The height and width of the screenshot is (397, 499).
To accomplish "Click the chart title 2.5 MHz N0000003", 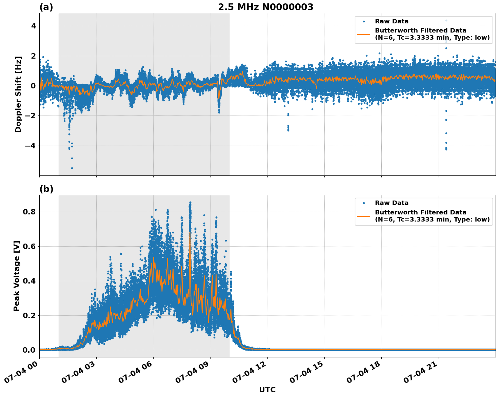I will pyautogui.click(x=265, y=7).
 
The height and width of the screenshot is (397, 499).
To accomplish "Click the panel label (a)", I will pyautogui.click(x=46, y=7).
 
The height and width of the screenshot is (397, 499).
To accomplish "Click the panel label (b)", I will pyautogui.click(x=46, y=189).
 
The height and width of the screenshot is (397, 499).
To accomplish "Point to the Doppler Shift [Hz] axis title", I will pyautogui.click(x=18, y=94).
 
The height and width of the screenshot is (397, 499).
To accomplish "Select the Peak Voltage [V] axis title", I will pyautogui.click(x=17, y=276).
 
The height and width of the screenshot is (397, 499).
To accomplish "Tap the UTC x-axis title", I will pyautogui.click(x=267, y=390).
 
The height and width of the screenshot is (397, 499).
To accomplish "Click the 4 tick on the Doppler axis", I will pyautogui.click(x=34, y=26).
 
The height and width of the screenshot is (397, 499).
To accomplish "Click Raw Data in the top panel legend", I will pyautogui.click(x=392, y=21).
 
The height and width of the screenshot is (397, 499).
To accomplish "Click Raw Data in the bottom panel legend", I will pyautogui.click(x=392, y=203).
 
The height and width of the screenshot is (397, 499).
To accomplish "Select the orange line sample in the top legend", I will pyautogui.click(x=364, y=34).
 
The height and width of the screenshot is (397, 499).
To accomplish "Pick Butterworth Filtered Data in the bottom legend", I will pyautogui.click(x=420, y=212).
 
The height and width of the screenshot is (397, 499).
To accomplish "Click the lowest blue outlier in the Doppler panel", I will pyautogui.click(x=72, y=168).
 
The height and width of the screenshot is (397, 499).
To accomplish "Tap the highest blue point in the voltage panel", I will pyautogui.click(x=190, y=202).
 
